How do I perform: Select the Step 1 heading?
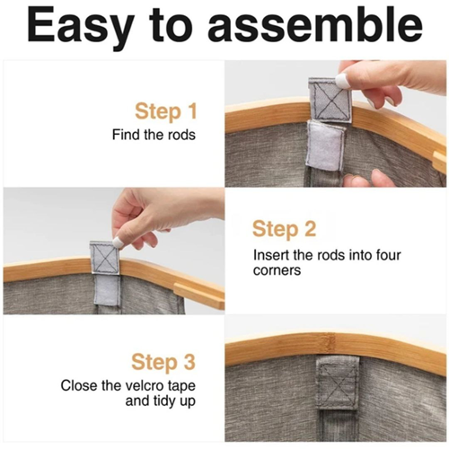166,112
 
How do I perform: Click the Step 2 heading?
284,229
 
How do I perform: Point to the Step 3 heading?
163,362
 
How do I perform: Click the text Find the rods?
154,135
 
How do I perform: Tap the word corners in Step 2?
277,270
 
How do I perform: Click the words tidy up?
175,401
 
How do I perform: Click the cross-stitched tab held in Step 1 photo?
330,100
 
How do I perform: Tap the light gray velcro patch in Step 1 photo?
326,146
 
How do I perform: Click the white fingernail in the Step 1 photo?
342,81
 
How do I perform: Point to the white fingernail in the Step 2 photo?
118,242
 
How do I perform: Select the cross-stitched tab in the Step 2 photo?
105,257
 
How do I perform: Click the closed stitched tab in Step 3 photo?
338,384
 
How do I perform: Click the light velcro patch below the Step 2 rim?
107,290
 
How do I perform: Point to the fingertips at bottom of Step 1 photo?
365,179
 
